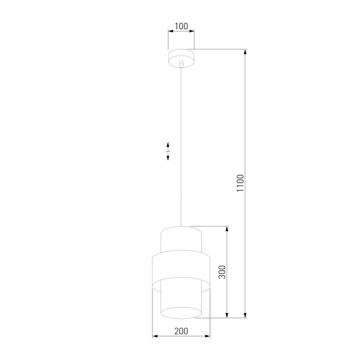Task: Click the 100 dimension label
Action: coord(181,26)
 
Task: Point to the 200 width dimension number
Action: coord(181,331)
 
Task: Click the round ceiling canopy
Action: coord(181,57)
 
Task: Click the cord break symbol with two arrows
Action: coord(168,151)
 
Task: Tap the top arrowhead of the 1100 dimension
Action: coord(246,53)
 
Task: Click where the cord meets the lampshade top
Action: coord(181,226)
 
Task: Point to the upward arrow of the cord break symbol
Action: coord(168,145)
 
